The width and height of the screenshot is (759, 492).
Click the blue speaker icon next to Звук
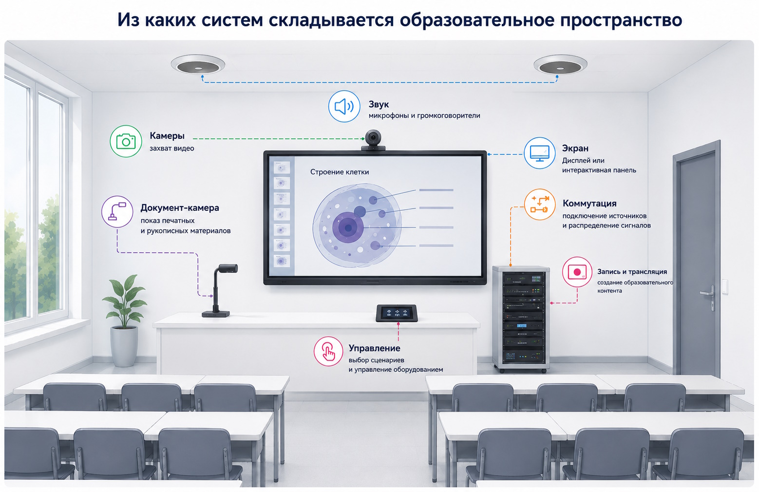(x=344, y=106)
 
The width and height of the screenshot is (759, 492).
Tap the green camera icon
(x=126, y=141)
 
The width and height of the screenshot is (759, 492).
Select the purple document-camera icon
(x=117, y=211)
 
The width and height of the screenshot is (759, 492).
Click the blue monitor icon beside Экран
(x=539, y=153)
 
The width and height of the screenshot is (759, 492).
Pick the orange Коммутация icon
(x=540, y=204)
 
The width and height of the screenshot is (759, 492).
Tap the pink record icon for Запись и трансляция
(x=577, y=272)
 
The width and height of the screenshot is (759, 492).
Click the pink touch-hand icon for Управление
(x=328, y=351)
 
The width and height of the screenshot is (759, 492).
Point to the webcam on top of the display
(x=373, y=140)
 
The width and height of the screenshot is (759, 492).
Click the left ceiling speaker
(x=198, y=64)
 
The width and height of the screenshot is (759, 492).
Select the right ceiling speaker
(x=560, y=64)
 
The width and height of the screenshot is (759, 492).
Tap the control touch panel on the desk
(x=397, y=313)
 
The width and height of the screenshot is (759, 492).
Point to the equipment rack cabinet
(x=521, y=319)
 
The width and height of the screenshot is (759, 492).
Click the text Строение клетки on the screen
(x=340, y=172)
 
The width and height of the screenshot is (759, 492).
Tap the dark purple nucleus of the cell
(x=348, y=227)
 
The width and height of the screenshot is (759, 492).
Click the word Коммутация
(x=589, y=203)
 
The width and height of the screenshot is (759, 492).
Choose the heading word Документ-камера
(x=180, y=208)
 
